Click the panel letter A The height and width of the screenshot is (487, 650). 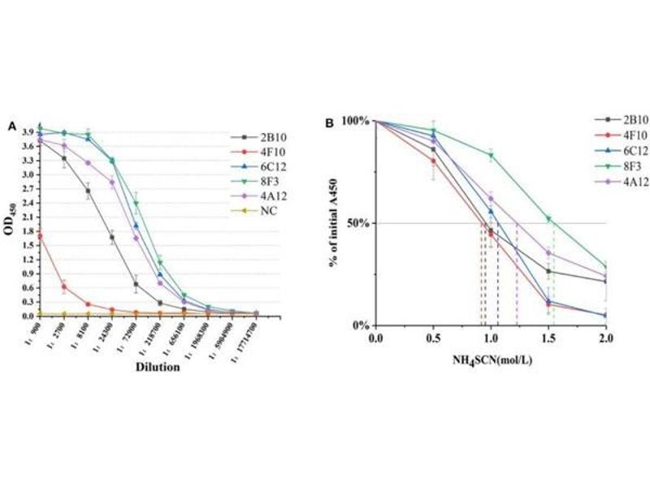pos(12,126)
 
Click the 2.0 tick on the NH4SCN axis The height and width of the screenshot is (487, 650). pos(605,336)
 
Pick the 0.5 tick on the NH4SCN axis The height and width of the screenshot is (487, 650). pos(432,336)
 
